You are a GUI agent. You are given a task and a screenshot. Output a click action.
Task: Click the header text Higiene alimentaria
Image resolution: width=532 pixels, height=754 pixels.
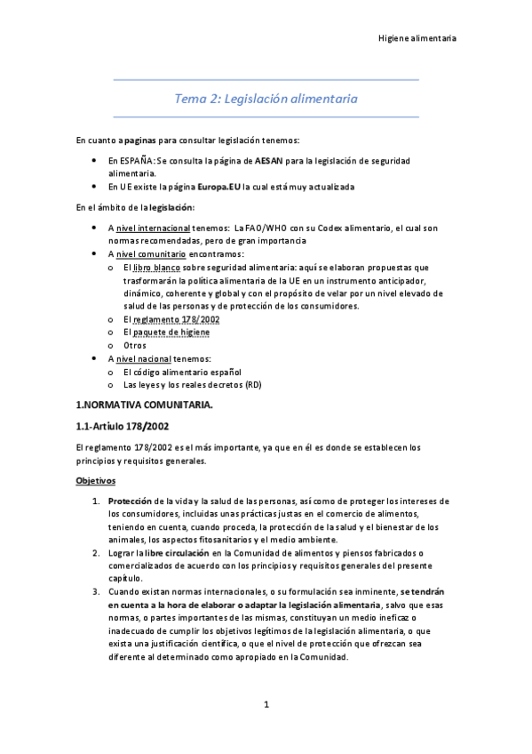point(417,38)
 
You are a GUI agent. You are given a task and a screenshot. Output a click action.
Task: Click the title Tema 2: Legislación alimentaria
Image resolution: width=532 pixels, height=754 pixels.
point(266,100)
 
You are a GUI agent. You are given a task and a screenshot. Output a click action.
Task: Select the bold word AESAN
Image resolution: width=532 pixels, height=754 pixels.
point(268,160)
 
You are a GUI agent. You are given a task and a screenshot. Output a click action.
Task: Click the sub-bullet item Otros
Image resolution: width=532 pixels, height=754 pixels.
point(135,345)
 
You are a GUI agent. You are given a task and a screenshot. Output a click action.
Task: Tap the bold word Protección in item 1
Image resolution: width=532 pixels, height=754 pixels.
point(130,501)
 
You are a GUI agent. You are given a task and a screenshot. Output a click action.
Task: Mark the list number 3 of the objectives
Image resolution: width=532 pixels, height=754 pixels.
point(96,592)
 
